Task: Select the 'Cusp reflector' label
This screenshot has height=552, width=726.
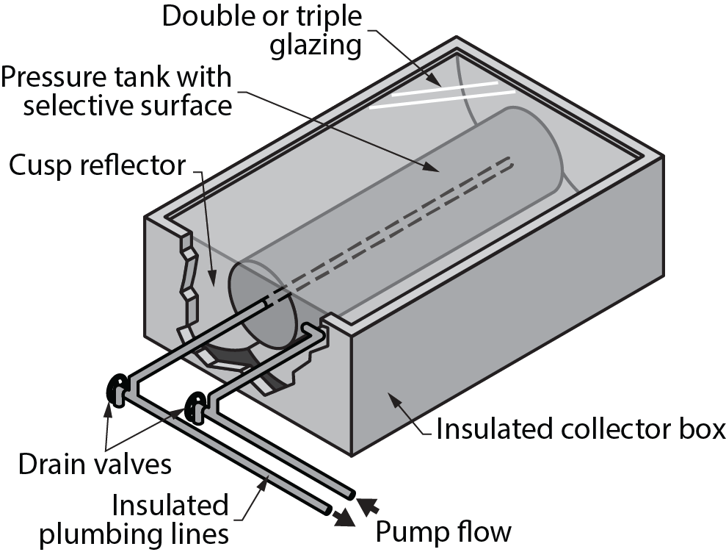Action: pyautogui.click(x=98, y=166)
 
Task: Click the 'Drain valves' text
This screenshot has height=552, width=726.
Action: pyautogui.click(x=95, y=464)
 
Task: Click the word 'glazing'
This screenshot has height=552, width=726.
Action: pyautogui.click(x=316, y=46)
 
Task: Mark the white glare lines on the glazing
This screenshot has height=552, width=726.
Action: pyautogui.click(x=440, y=95)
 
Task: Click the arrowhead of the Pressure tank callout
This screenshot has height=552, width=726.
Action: pyautogui.click(x=438, y=168)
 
